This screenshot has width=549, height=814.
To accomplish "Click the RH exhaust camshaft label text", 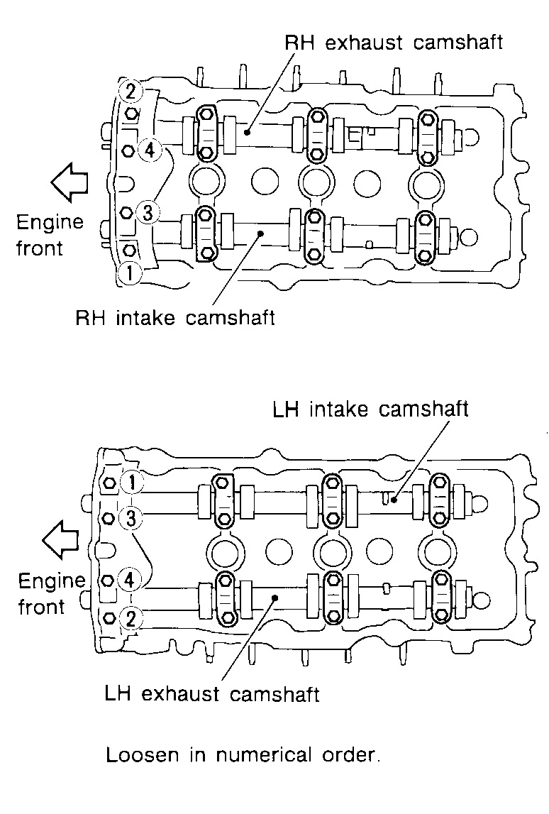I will [393, 43].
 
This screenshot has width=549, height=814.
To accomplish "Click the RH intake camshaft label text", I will [174, 317].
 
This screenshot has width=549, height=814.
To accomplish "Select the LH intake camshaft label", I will [370, 409].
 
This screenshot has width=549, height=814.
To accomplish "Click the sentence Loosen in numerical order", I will [243, 754].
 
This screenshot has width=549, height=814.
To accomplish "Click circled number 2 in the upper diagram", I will [131, 92].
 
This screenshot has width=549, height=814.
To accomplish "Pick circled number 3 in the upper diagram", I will [147, 212].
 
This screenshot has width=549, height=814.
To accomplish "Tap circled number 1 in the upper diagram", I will [131, 271].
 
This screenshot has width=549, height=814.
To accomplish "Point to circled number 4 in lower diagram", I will [129, 580].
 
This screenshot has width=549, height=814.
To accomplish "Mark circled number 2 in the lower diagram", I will [131, 617].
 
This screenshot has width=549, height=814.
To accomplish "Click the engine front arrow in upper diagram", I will [68, 182].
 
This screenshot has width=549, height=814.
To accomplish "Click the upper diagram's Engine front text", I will [50, 235].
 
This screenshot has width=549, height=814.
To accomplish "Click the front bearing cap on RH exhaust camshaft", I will [206, 133].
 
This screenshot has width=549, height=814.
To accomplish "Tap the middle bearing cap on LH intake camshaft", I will [331, 501].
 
